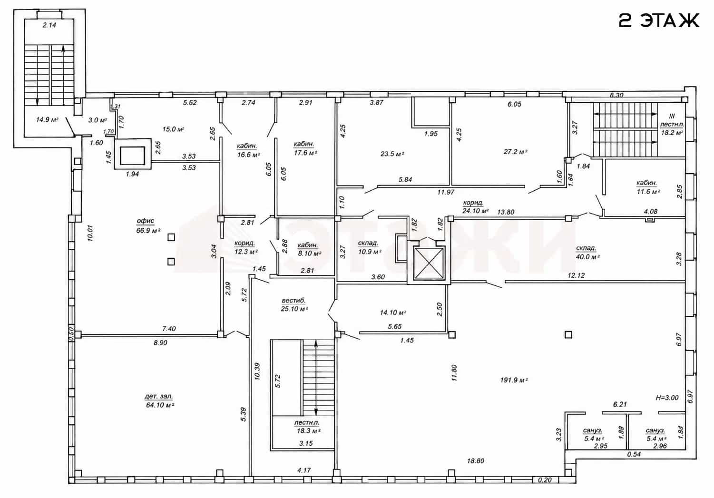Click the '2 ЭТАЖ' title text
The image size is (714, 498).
point(658,21)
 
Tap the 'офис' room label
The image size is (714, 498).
point(146,221)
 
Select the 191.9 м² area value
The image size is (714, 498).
point(514,380)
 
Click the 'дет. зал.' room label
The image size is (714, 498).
point(159,397)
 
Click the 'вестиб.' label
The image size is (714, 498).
point(293,300)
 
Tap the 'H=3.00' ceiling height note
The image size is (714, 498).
point(667,398)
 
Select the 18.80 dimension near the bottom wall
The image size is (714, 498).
point(476,461)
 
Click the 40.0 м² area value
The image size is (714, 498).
point(587,257)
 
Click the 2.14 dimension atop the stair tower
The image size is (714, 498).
point(49,25)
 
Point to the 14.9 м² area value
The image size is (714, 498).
point(47,120)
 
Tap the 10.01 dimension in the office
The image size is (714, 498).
point(90,233)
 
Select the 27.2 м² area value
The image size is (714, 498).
point(516,152)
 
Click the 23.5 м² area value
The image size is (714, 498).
point(392,154)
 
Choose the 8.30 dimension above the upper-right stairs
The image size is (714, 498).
point(616,95)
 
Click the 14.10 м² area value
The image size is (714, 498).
point(393,312)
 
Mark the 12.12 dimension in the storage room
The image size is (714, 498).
point(577,275)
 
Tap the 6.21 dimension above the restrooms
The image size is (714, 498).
point(620,405)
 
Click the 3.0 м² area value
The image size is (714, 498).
point(98,120)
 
